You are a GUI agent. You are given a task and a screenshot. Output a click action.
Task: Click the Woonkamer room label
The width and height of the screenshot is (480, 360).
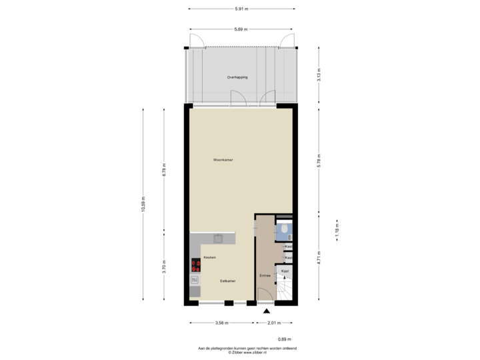223,160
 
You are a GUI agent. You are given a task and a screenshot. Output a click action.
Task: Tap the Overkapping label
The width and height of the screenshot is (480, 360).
237,78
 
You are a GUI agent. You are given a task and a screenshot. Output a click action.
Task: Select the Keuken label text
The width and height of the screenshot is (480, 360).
209,257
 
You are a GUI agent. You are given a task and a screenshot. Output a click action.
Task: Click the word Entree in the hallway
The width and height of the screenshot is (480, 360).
264,275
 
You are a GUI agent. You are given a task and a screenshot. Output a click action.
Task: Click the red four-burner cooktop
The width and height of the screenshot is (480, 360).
196,265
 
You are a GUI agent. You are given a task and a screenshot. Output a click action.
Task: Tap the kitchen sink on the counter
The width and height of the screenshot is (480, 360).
217,237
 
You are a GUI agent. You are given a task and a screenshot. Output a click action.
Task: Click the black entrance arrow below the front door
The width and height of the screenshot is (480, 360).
266,311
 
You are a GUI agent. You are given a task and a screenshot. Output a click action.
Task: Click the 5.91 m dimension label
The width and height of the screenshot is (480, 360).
241,9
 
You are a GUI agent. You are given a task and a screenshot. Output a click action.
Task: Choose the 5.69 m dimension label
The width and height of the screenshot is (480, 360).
241,29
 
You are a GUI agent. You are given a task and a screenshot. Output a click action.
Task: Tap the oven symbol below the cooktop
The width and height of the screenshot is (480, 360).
195,280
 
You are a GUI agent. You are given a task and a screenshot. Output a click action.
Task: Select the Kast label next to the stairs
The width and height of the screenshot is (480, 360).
284,271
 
